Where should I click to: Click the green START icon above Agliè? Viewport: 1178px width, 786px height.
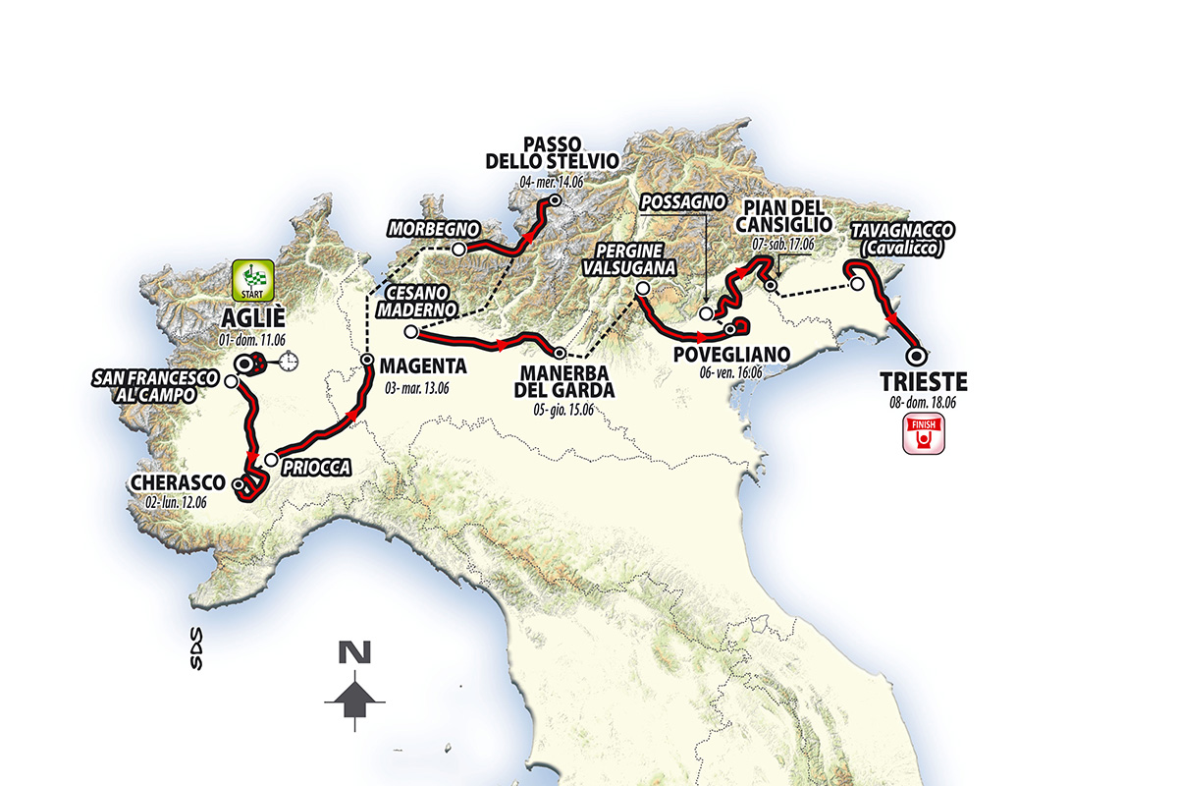coord(255,281)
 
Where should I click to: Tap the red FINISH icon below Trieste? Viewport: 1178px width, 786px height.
coord(923,433)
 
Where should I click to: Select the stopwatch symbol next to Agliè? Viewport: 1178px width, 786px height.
coord(290,363)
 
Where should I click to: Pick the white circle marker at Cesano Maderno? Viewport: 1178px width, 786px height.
coord(410,332)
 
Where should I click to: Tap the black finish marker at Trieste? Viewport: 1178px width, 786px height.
coord(915,357)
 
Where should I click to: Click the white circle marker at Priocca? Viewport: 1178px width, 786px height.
coord(270,459)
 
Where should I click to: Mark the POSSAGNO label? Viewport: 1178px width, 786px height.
coord(682,202)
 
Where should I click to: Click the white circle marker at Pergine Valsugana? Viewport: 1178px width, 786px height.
coord(641,289)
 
